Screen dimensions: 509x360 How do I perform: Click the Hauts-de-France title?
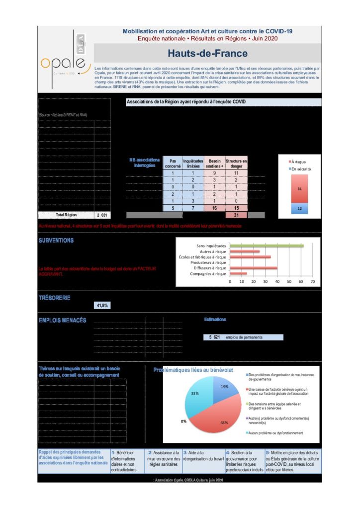tap(207, 53)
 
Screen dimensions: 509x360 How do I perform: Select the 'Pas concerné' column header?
tap(173, 164)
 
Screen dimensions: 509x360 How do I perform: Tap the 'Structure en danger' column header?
tap(236, 164)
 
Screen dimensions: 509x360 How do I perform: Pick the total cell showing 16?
tap(214, 208)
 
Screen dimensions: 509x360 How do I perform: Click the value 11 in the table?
tap(236, 173)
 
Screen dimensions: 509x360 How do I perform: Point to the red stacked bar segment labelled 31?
tap(299, 188)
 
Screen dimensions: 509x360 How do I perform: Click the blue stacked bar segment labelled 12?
tap(299, 209)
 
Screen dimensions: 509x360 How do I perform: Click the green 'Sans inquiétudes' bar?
tap(266, 246)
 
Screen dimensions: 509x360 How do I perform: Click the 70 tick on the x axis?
tap(312, 282)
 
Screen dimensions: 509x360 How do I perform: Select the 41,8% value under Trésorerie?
tap(101, 305)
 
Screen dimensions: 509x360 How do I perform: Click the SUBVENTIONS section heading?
tap(56, 241)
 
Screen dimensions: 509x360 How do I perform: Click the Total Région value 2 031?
tap(102, 215)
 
